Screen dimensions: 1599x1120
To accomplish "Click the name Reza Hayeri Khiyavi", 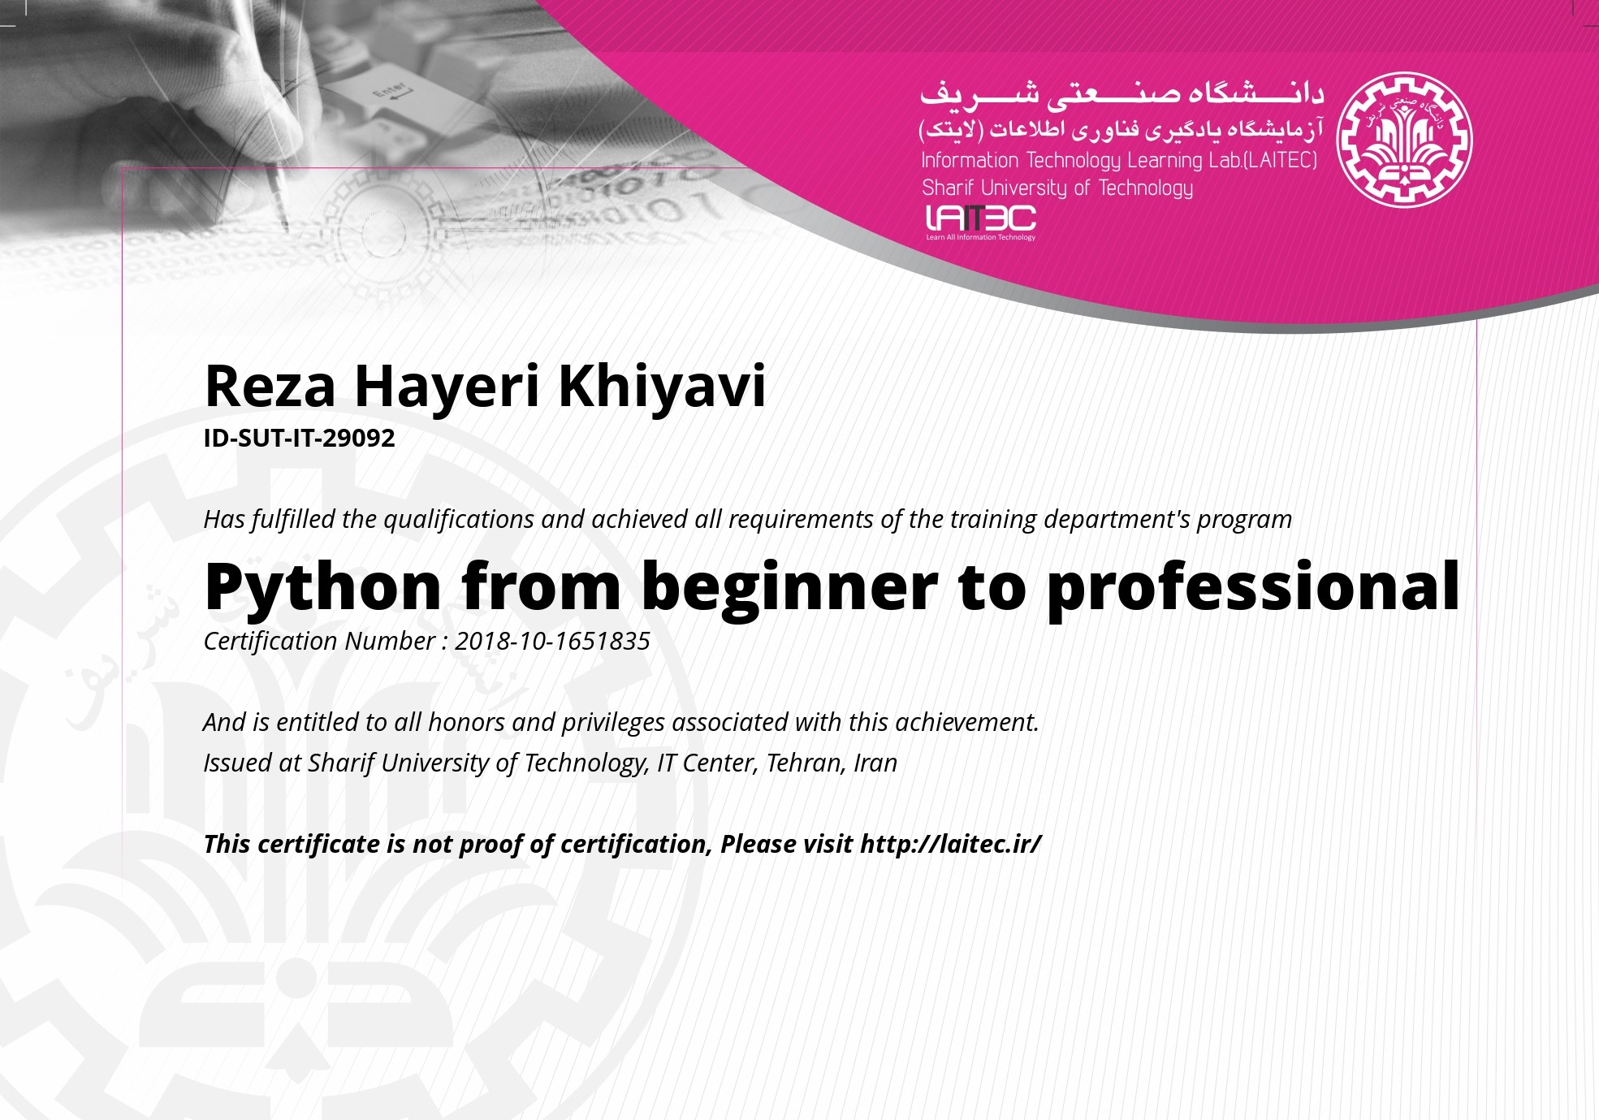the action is click(485, 387).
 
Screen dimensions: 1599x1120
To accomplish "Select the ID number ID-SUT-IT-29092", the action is click(299, 438).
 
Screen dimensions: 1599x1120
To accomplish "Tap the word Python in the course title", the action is click(323, 587).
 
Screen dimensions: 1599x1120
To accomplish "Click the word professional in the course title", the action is click(1253, 587).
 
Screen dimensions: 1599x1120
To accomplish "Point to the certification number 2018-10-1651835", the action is click(552, 641).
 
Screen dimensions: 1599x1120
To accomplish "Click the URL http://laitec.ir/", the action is click(950, 844).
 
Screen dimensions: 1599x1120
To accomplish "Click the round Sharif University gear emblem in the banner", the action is click(1404, 140).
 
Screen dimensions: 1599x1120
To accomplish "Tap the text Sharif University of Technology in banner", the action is click(1057, 188).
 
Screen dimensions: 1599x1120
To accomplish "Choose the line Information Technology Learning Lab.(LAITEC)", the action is click(1119, 160).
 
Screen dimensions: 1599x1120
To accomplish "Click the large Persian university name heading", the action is click(1121, 94).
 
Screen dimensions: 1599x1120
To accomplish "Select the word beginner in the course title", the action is click(789, 587).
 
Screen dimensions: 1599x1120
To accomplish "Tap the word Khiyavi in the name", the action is click(662, 387).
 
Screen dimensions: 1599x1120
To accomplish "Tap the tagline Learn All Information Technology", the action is click(981, 237).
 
